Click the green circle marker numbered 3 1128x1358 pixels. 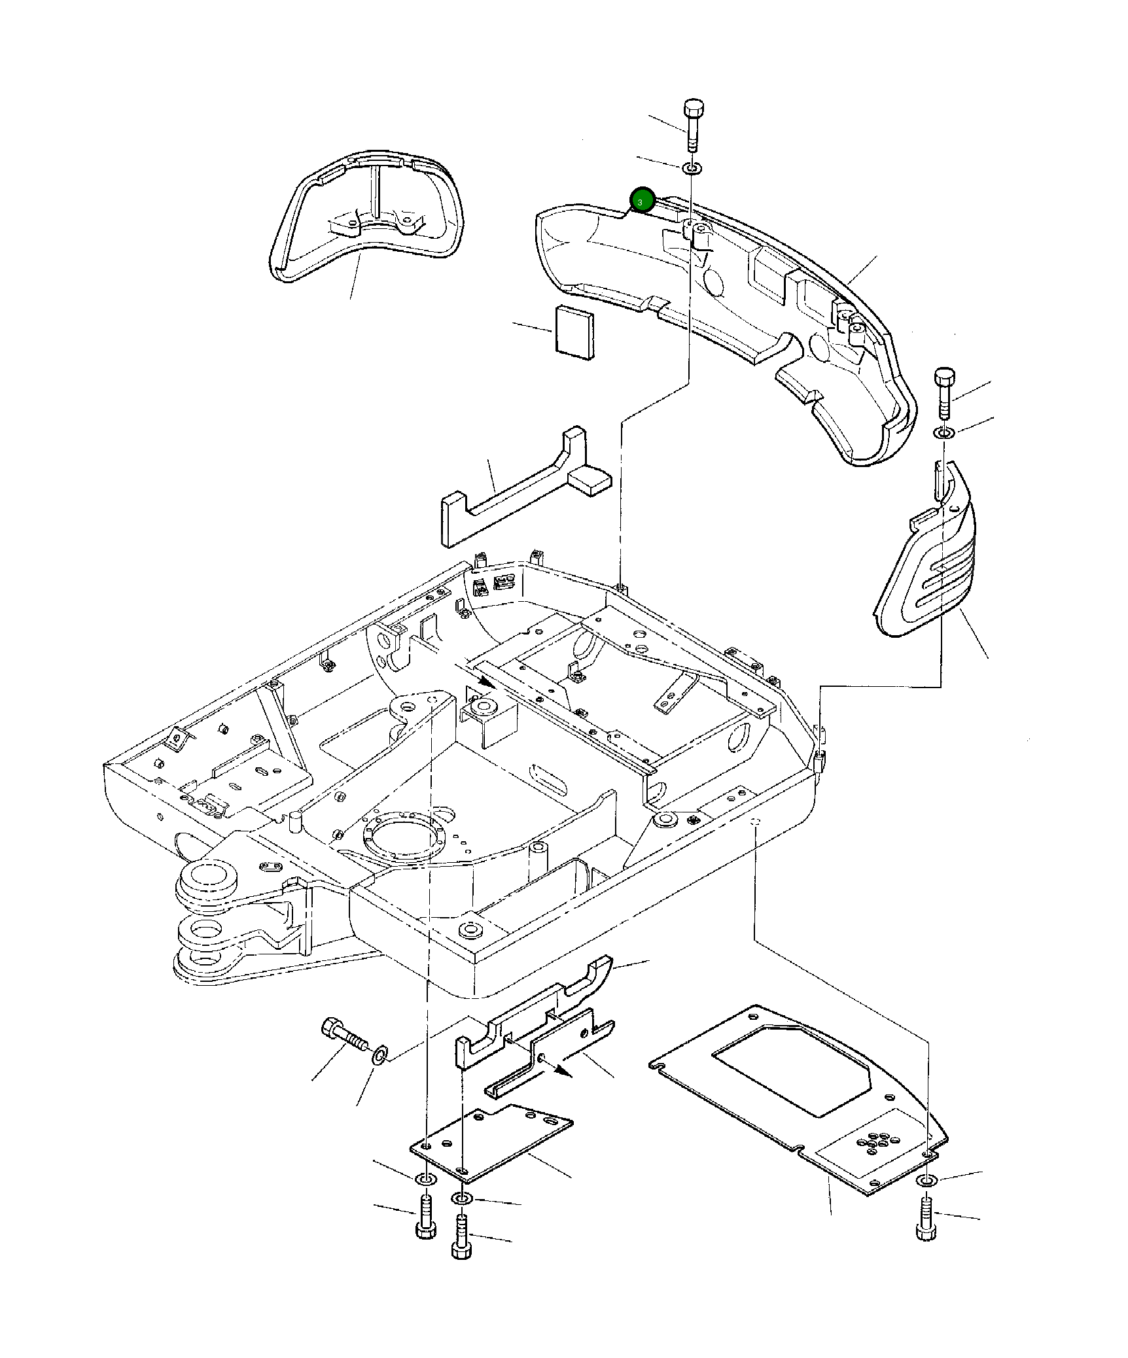tap(641, 200)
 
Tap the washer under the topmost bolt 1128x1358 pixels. tap(692, 169)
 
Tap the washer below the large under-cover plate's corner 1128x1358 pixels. tap(926, 1180)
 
